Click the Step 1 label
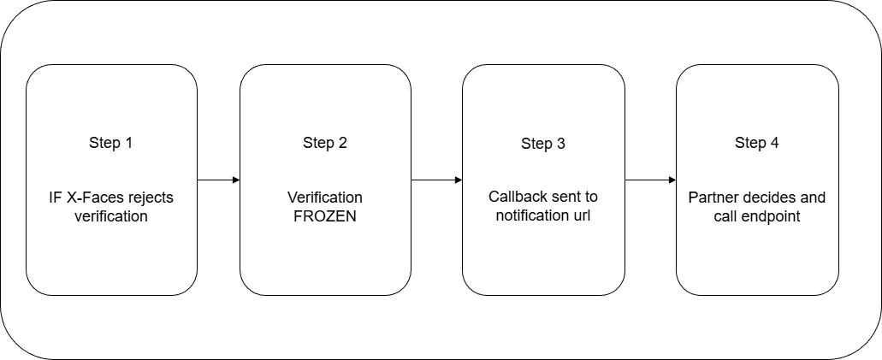click(x=111, y=143)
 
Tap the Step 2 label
click(x=325, y=143)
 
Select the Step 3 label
click(x=543, y=143)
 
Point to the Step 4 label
click(x=757, y=143)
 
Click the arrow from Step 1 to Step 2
click(x=218, y=180)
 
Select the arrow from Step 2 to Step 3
click(x=436, y=180)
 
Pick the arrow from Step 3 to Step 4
click(x=650, y=180)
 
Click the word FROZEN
click(x=325, y=217)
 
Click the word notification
click(x=533, y=217)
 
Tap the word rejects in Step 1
click(x=151, y=198)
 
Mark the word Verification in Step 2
click(x=325, y=198)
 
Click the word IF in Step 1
click(x=56, y=198)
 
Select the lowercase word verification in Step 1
click(x=111, y=217)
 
